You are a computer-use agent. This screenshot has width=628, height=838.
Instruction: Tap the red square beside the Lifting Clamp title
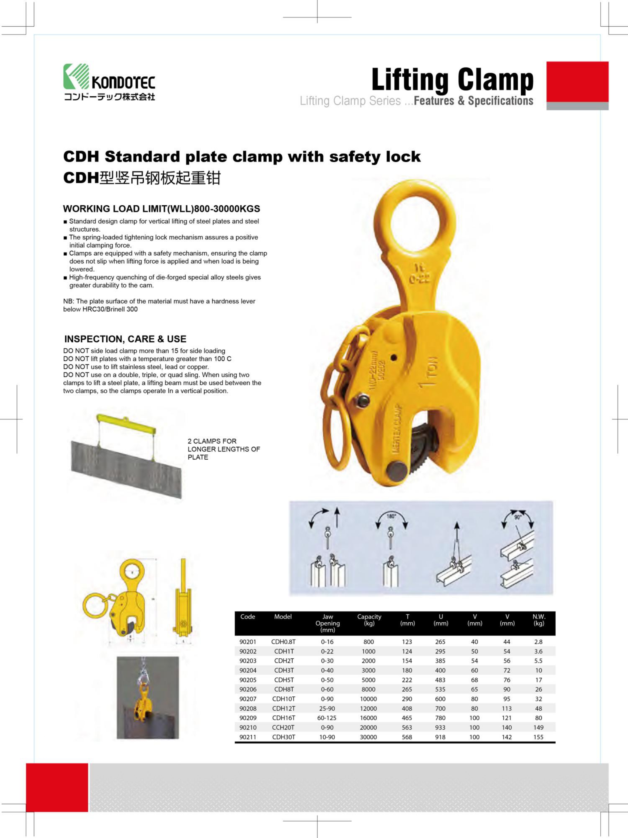[x=577, y=82]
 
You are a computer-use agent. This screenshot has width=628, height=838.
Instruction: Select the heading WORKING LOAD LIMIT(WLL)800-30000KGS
[x=161, y=209]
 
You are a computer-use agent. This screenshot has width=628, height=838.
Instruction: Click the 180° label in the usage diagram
[x=391, y=516]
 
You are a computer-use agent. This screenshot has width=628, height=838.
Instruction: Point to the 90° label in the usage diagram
[x=517, y=517]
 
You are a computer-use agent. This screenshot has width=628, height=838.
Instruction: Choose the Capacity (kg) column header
[x=369, y=620]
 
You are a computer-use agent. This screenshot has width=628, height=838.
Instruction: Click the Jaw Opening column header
[x=327, y=623]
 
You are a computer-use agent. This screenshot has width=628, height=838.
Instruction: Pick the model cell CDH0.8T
[x=283, y=642]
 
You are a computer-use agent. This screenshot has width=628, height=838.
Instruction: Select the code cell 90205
[x=248, y=680]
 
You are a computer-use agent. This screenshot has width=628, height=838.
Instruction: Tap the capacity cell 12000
[x=368, y=708]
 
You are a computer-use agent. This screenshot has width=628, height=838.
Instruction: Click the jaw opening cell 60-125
[x=327, y=718]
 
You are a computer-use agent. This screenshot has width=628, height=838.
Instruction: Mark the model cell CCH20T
[x=283, y=727]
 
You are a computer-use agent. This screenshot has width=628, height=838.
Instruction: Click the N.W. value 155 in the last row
[x=538, y=737]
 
